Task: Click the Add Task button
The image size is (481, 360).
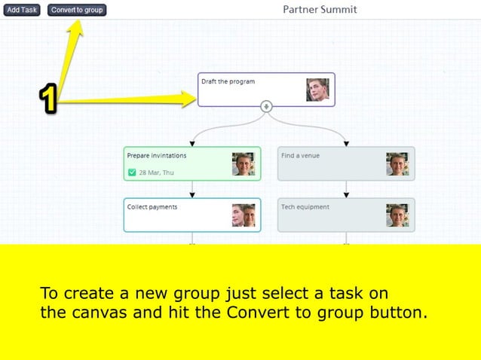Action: [x=22, y=10]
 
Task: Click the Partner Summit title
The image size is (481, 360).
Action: [x=320, y=10]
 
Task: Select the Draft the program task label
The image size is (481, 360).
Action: [x=228, y=81]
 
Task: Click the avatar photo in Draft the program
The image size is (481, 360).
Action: [x=317, y=90]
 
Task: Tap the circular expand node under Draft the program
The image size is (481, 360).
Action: [x=266, y=106]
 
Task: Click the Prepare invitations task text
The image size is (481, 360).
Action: [x=157, y=156]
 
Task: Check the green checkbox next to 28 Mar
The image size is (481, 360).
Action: [x=132, y=172]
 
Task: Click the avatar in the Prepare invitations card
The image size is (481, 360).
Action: [x=244, y=164]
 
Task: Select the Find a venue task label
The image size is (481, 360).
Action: [x=300, y=156]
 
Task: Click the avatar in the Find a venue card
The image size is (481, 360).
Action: [x=397, y=164]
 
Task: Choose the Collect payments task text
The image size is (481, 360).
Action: [x=152, y=207]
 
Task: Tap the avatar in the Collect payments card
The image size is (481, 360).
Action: [x=244, y=215]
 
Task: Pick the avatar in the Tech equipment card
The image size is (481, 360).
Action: [x=397, y=215]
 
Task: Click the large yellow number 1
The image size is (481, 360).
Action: [x=48, y=99]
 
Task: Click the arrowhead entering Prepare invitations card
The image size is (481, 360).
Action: [x=192, y=143]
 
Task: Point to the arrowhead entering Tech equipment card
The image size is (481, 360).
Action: [x=347, y=194]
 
